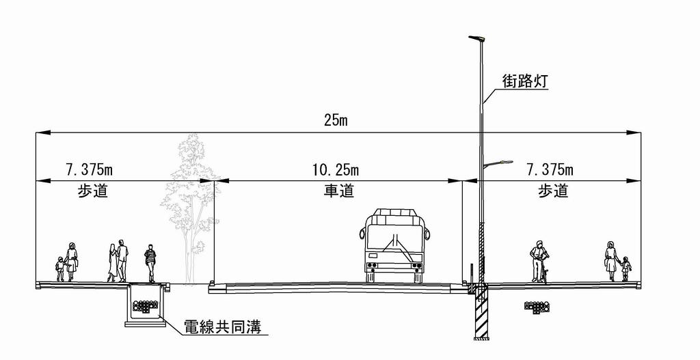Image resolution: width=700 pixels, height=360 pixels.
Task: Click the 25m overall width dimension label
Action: tap(337, 121)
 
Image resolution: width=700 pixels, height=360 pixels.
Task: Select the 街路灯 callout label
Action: tap(524, 81)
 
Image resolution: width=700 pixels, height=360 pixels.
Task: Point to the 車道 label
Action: tap(338, 191)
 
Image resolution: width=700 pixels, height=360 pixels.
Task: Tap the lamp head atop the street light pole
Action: tap(476, 38)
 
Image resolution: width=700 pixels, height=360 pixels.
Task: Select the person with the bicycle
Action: tap(539, 261)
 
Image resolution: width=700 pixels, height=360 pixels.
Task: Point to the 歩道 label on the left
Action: tap(93, 191)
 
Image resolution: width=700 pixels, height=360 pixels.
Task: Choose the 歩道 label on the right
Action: tap(554, 191)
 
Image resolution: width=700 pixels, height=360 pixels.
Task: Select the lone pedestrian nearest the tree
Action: tap(150, 262)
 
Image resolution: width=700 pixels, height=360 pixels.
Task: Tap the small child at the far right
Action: tap(625, 268)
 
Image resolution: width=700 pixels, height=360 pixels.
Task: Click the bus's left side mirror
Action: tap(361, 234)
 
